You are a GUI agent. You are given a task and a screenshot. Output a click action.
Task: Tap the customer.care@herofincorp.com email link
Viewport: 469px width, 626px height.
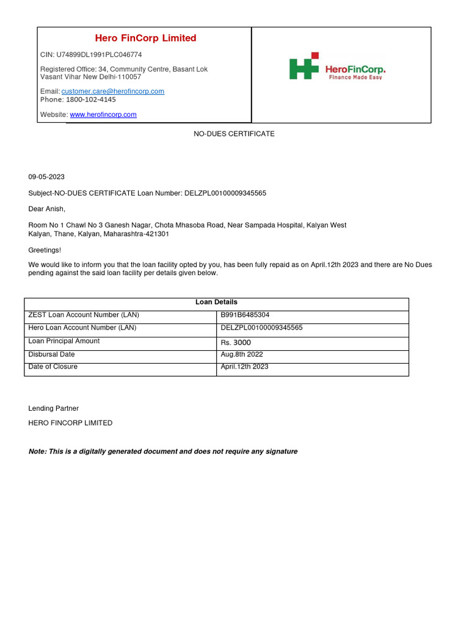tap(112, 91)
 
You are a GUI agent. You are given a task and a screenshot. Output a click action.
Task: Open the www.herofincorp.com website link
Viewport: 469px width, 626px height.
tap(103, 114)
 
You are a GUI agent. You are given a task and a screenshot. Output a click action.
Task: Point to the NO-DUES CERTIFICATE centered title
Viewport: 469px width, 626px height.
tap(234, 133)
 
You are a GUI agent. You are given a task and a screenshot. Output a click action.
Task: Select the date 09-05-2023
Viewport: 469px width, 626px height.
tap(46, 177)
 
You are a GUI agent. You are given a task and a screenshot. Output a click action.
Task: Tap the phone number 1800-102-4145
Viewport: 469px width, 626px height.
tap(90, 99)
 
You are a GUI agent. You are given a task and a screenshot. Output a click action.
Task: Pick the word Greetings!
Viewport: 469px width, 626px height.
tap(45, 250)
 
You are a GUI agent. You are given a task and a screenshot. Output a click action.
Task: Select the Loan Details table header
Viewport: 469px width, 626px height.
tap(216, 302)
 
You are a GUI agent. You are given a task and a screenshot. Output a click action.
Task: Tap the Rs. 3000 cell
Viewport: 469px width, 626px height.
tap(236, 342)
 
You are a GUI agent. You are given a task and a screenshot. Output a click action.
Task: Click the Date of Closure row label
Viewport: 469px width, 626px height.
tap(53, 367)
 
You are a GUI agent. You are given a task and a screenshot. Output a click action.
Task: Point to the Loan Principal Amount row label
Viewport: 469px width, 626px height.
tap(64, 341)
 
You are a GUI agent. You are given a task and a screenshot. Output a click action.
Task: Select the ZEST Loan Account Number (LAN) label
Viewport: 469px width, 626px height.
tap(84, 315)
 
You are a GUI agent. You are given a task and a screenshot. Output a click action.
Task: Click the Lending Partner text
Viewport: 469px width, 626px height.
tap(54, 408)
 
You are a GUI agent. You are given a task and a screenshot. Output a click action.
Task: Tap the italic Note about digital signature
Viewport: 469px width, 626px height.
tap(163, 451)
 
